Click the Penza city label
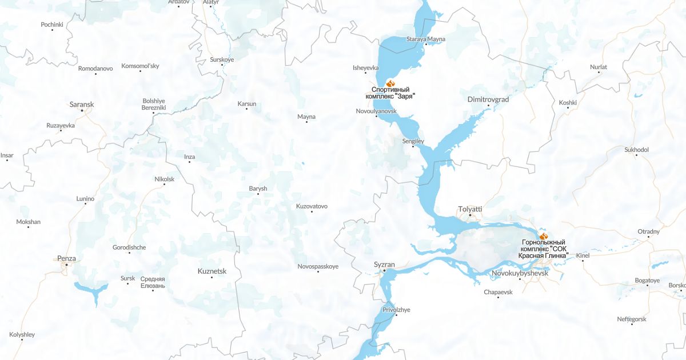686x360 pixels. [x=66, y=258]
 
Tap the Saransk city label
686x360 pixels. [x=81, y=105]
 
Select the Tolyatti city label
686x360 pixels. [x=470, y=209]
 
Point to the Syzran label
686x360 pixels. [x=384, y=265]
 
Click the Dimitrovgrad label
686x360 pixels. [x=488, y=99]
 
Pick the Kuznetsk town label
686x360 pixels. [x=212, y=271]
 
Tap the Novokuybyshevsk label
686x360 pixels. [x=520, y=274]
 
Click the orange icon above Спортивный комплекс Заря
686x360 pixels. [x=391, y=83]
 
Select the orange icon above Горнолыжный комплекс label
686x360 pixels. [x=544, y=235]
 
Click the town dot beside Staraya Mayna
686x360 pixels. [x=425, y=45]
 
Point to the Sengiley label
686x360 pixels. [x=413, y=141]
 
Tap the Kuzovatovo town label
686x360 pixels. [x=312, y=206]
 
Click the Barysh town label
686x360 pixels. [x=258, y=189]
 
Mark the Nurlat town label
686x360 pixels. [x=599, y=67]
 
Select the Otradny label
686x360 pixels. [x=648, y=231]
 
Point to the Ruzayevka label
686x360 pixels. [x=61, y=125]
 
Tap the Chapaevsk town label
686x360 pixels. [x=498, y=292]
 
